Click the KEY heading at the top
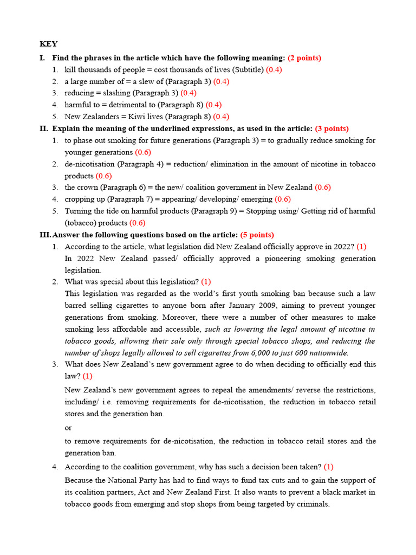click(x=49, y=44)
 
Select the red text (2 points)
click(x=304, y=58)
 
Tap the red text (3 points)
click(x=331, y=128)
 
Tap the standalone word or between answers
click(x=68, y=428)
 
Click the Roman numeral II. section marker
click(x=44, y=128)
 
